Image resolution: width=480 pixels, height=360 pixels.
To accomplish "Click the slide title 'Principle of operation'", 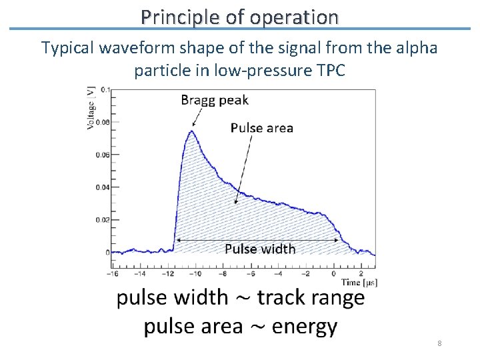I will pyautogui.click(x=239, y=16).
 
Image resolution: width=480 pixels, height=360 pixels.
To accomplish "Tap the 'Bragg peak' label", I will pyautogui.click(x=215, y=100).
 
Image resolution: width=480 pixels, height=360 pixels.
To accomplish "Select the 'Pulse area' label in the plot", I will pyautogui.click(x=262, y=127).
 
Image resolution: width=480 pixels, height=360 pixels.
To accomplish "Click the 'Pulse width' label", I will pyautogui.click(x=260, y=249).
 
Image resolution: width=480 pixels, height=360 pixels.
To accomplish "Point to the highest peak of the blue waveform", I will pyautogui.click(x=191, y=131).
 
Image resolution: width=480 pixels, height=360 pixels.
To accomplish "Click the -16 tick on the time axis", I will pyautogui.click(x=114, y=274).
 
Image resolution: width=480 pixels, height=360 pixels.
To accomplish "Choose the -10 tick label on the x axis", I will pyautogui.click(x=197, y=274).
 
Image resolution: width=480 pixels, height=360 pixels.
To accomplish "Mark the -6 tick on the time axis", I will pyautogui.click(x=251, y=274).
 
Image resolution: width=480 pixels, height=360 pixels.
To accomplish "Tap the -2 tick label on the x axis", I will pyautogui.click(x=306, y=274).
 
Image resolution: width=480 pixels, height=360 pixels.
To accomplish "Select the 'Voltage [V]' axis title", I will pyautogui.click(x=91, y=107).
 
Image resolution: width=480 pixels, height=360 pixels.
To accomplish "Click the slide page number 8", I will pyautogui.click(x=439, y=343).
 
